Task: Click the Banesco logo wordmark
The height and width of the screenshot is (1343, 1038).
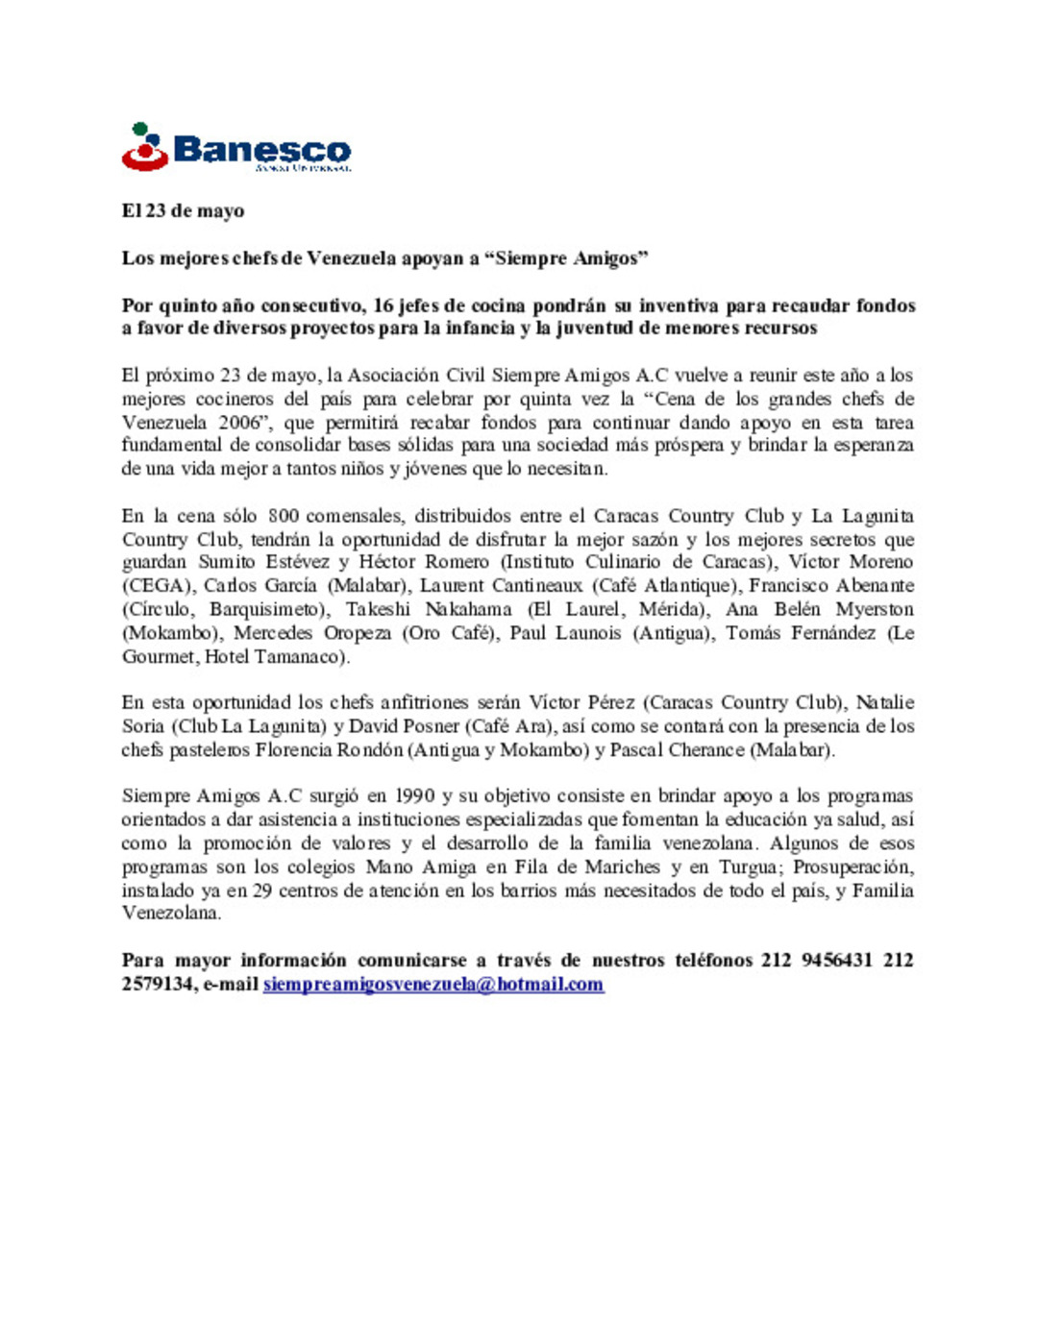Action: tap(261, 150)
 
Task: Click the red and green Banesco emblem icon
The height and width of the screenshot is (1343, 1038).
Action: tap(144, 147)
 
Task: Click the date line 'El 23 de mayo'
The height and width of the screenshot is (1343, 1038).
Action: tap(183, 210)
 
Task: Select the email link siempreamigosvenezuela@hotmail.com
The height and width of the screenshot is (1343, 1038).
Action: tap(433, 984)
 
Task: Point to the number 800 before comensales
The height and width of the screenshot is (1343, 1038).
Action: tap(283, 516)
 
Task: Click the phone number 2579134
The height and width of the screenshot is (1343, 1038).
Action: tap(159, 984)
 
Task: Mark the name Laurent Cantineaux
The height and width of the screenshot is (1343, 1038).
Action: tap(501, 585)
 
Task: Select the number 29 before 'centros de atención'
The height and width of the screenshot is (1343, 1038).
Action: tap(262, 891)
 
